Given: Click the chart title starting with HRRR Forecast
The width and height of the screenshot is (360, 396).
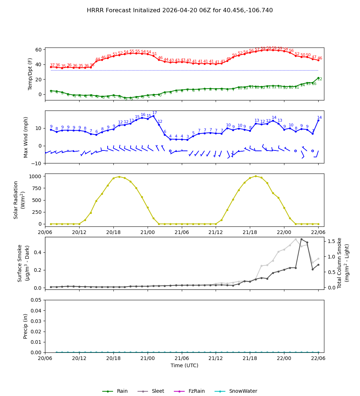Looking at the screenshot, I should click(x=180, y=10).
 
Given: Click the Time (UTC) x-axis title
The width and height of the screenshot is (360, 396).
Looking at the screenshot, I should click(x=184, y=365).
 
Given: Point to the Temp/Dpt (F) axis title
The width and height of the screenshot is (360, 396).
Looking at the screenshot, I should click(x=31, y=74).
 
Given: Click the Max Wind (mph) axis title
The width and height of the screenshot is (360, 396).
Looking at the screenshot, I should click(x=26, y=137).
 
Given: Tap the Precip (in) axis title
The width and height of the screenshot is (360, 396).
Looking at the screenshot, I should click(x=26, y=326).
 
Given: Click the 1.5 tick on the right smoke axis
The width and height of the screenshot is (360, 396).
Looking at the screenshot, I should click(x=331, y=241).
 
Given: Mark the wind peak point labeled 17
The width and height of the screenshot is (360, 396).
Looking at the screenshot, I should click(x=153, y=116).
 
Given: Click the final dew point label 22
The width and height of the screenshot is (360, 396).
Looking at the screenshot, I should click(x=320, y=79).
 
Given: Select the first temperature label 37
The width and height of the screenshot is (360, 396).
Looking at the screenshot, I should click(x=52, y=65).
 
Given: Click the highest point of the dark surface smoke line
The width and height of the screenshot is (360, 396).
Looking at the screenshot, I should click(x=301, y=239).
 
